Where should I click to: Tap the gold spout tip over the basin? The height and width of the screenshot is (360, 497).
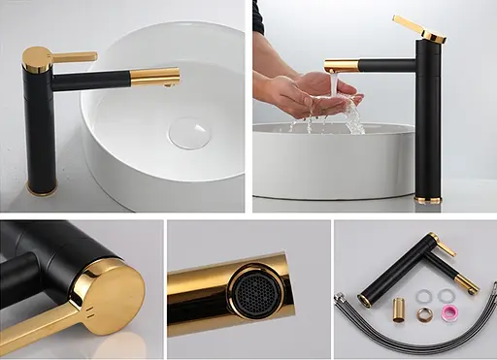point(156,77)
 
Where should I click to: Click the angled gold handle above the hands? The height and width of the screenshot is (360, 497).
point(419,28)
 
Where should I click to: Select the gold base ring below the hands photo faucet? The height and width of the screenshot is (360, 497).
point(427,200)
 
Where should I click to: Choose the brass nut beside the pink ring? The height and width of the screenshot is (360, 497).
point(424,314)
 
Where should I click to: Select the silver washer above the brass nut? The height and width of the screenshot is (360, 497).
point(424,296)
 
